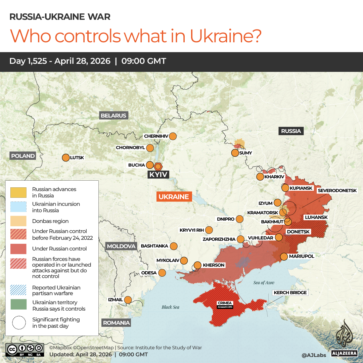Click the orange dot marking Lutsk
click(x=66, y=157)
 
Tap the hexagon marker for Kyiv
click(x=158, y=166)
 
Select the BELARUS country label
click(x=114, y=116)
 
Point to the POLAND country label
click(x=23, y=156)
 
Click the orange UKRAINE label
click(x=174, y=197)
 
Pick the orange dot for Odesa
click(x=162, y=273)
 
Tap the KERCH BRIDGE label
click(x=290, y=292)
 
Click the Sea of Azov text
click(x=264, y=283)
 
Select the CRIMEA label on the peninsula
click(x=224, y=303)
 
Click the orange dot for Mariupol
click(x=284, y=257)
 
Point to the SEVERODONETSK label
click(x=337, y=190)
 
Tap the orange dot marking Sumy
click(x=235, y=153)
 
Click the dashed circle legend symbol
click(x=18, y=322)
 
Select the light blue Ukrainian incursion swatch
click(x=18, y=207)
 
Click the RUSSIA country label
click(x=291, y=131)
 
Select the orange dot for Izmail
click(x=128, y=300)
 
